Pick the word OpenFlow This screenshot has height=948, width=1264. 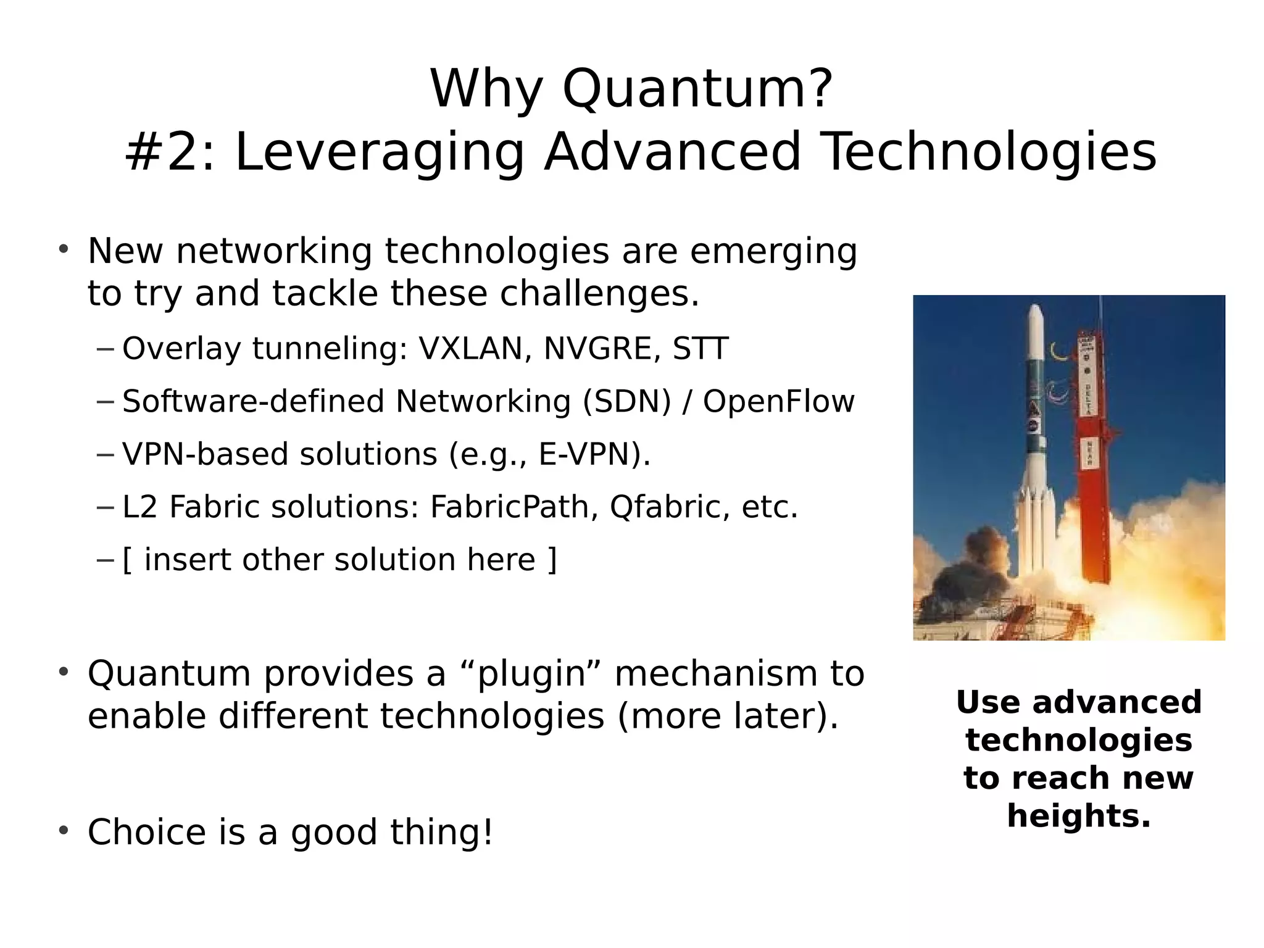coord(778,402)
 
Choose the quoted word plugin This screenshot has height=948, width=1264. coord(532,674)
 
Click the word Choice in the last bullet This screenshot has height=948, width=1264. coord(146,833)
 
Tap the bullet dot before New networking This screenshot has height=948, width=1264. coord(63,250)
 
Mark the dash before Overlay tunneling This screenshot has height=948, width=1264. coord(106,349)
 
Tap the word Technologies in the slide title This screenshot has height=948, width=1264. coord(989,152)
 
